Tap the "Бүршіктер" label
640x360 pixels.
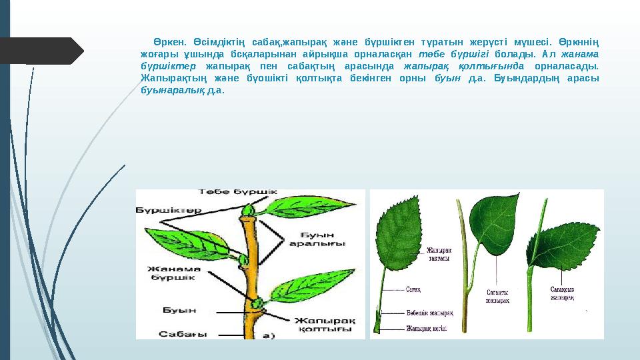pyautogui.click(x=168, y=210)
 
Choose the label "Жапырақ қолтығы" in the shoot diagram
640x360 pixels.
pyautogui.click(x=323, y=326)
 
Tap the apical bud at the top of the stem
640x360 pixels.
pyautogui.click(x=248, y=211)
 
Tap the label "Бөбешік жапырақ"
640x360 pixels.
pyautogui.click(x=430, y=313)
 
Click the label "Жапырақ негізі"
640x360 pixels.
pyautogui.click(x=427, y=328)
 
